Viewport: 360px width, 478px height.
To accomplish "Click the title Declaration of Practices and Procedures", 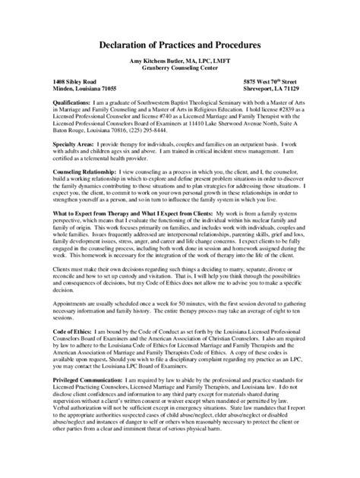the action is (x=180, y=46).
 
